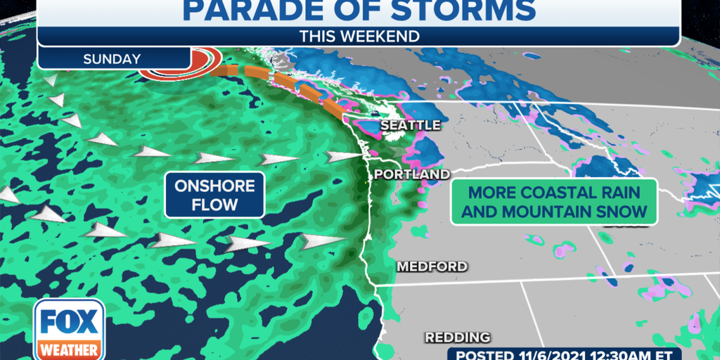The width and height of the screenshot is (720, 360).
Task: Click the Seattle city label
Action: [x=410, y=125]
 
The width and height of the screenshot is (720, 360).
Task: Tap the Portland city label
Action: [x=411, y=174]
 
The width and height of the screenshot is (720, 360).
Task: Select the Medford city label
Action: [x=432, y=266]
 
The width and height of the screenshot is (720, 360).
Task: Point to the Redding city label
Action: [x=457, y=337]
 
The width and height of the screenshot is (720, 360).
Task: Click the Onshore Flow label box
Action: [x=214, y=194]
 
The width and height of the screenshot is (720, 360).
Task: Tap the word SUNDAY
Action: [x=112, y=59]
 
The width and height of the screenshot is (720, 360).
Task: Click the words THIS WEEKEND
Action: [x=359, y=36]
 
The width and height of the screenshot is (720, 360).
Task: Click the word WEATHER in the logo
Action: [x=69, y=349]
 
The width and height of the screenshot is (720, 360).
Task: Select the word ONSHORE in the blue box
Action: [x=214, y=186]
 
